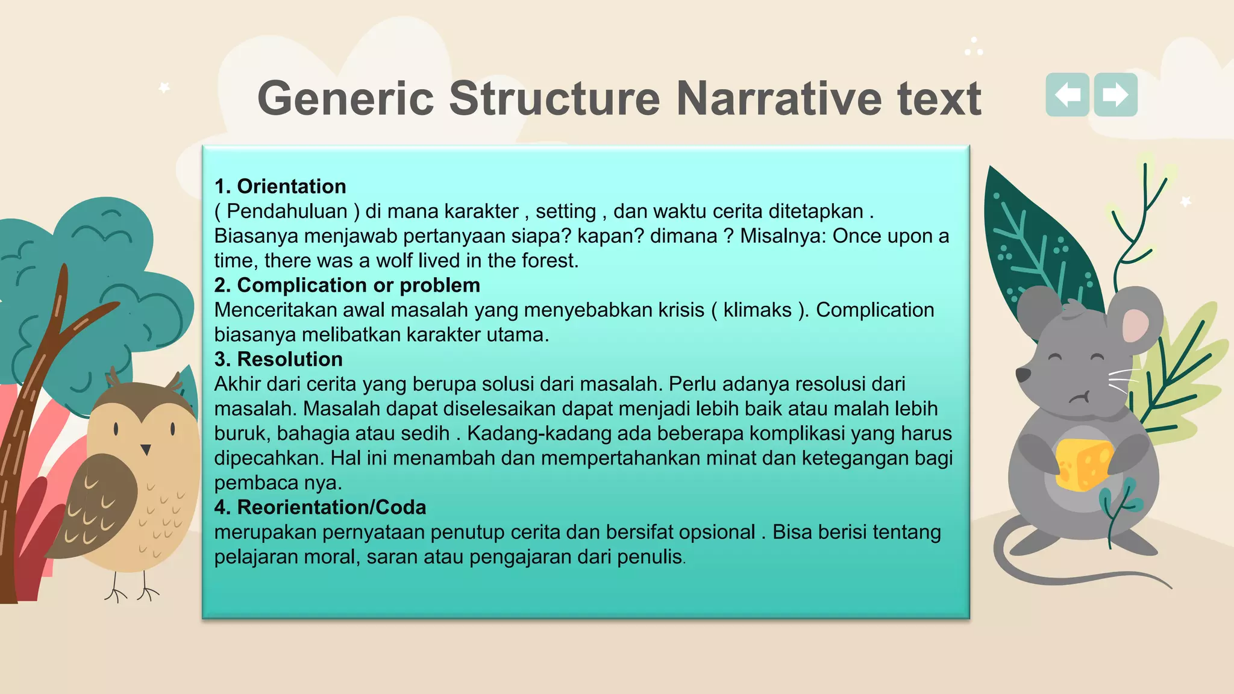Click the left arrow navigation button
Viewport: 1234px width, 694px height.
point(1067,95)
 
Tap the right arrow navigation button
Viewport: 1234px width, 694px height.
point(1116,95)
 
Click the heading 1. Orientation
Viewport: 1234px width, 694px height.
point(280,186)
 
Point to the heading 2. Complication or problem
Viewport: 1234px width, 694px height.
point(347,285)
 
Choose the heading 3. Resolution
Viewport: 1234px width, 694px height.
point(278,359)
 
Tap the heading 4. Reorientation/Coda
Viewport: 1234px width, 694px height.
point(320,507)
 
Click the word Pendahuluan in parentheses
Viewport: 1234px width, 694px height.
point(287,211)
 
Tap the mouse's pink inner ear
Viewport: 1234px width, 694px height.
point(1135,326)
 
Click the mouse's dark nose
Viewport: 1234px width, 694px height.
point(1023,375)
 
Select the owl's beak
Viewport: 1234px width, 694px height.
point(145,449)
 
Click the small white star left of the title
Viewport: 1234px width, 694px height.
point(164,88)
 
